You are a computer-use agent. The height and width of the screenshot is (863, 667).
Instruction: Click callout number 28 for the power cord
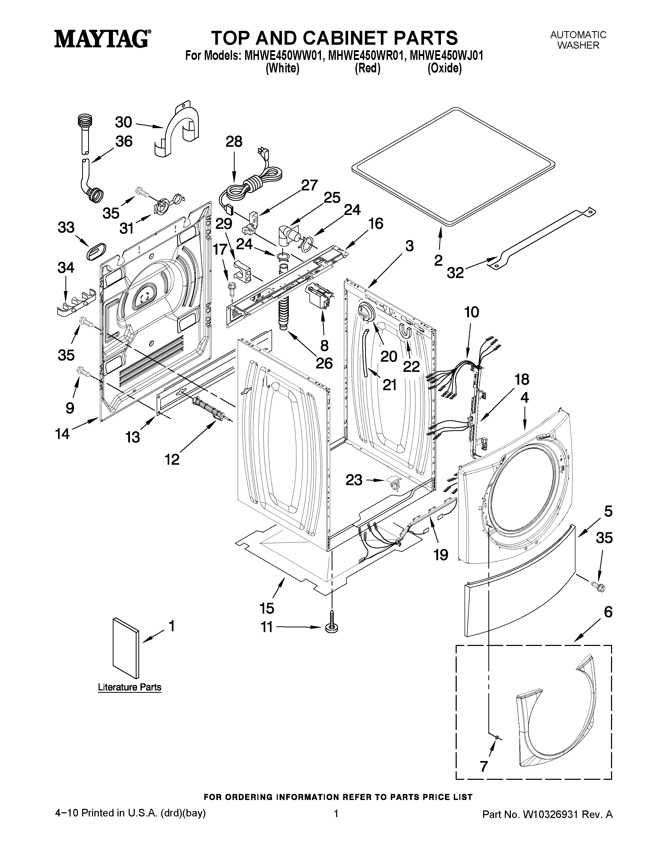(234, 141)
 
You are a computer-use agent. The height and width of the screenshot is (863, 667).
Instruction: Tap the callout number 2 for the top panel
(438, 261)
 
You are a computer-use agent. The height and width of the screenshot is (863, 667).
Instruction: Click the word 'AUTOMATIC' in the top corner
(578, 35)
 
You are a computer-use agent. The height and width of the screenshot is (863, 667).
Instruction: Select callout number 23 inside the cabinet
(354, 480)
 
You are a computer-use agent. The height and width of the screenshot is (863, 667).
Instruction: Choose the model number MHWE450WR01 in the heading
(365, 56)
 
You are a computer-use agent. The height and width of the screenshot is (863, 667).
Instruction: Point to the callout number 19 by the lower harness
(441, 555)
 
